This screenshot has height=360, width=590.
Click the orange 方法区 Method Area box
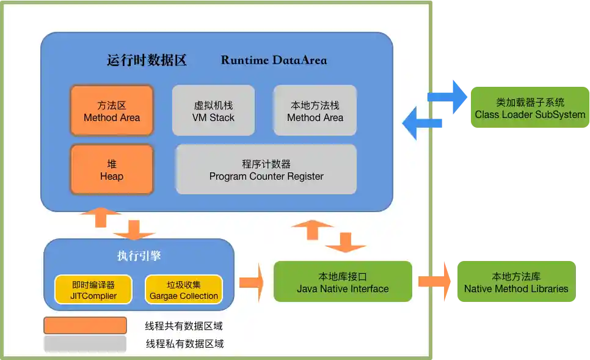coord(112,111)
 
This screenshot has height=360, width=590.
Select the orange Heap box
coord(112,170)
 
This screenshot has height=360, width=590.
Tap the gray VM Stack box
coord(213,111)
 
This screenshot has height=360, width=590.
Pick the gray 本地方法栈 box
coord(315,111)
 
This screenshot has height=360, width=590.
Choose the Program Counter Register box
coord(266,170)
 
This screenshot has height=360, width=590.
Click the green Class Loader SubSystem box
coord(530,108)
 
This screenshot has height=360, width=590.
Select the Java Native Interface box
coord(343,282)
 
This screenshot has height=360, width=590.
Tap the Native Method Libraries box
coord(516,282)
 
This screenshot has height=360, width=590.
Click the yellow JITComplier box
coord(93,290)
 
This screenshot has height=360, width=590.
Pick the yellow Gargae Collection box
coord(184,290)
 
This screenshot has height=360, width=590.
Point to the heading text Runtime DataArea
coord(274,60)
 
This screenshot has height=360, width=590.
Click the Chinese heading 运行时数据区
coord(147,60)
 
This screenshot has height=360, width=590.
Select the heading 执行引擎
coord(139,256)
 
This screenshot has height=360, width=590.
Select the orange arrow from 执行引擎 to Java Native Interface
coord(251,282)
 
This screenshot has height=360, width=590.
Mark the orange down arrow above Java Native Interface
coord(346,241)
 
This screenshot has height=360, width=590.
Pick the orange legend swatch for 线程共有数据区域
coord(85,326)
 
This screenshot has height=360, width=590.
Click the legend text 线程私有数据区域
coord(184,343)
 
